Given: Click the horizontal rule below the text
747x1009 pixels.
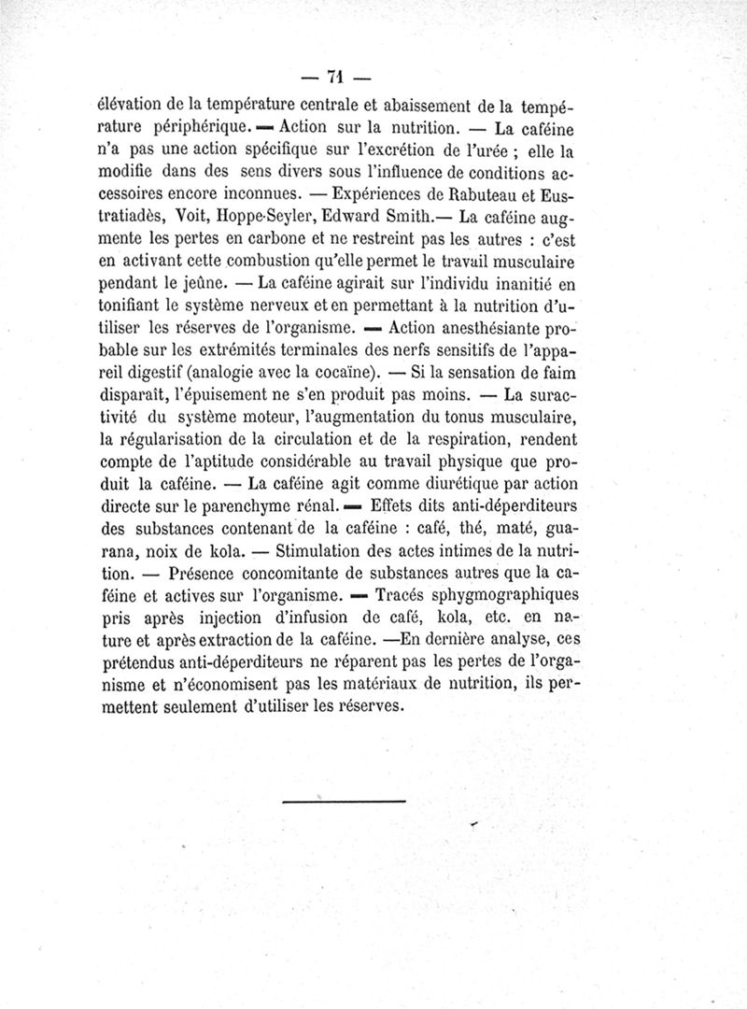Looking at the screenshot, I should pyautogui.click(x=344, y=801).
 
